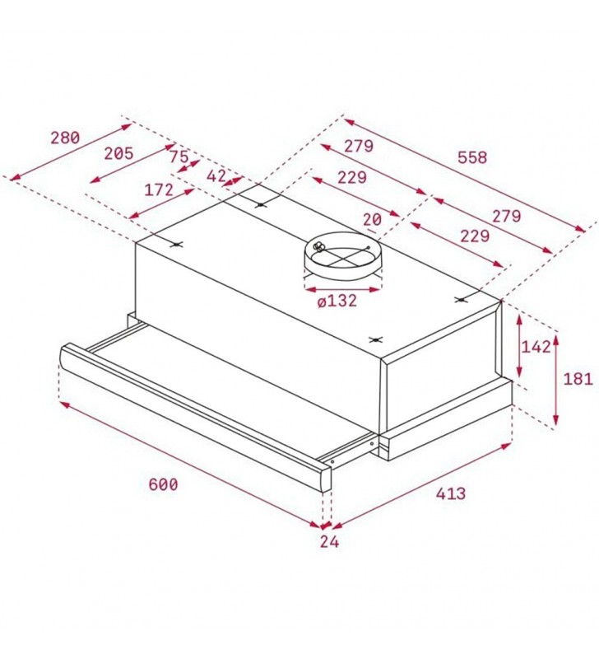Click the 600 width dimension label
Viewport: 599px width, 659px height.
pyautogui.click(x=163, y=484)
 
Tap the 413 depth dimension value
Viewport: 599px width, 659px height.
pyautogui.click(x=451, y=493)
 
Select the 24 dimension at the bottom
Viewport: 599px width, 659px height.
pyautogui.click(x=329, y=542)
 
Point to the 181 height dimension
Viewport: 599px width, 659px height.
pyautogui.click(x=578, y=379)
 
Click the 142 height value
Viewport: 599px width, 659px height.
pyautogui.click(x=536, y=347)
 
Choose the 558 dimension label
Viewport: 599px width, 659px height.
pyautogui.click(x=472, y=157)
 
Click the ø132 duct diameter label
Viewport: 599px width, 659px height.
pyautogui.click(x=337, y=301)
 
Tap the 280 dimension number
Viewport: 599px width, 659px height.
pyautogui.click(x=65, y=138)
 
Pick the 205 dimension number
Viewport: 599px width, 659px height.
pyautogui.click(x=118, y=153)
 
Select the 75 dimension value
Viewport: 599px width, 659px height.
pyautogui.click(x=179, y=157)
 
